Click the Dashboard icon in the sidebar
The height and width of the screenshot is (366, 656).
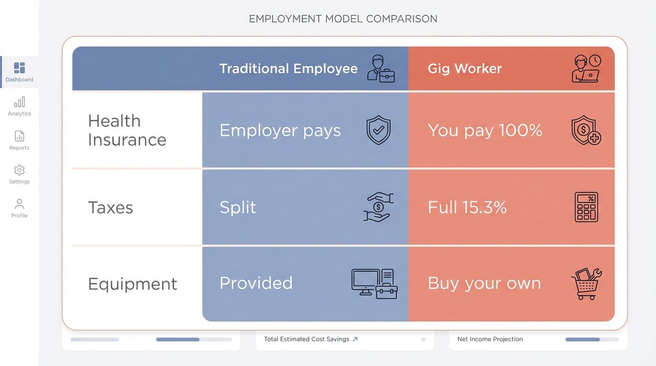(x=20, y=68)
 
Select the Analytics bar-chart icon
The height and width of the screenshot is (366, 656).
(x=20, y=102)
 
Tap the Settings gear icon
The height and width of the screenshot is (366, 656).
(x=20, y=170)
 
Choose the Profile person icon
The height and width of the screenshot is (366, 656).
(x=20, y=204)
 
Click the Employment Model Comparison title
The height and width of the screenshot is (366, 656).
(x=343, y=19)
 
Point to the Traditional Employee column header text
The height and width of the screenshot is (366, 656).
(x=288, y=69)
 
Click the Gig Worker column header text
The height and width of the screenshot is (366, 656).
(x=465, y=69)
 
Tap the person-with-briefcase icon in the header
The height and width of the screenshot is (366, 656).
(x=381, y=69)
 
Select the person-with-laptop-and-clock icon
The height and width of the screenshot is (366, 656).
(x=586, y=68)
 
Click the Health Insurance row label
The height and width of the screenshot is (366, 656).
(x=127, y=130)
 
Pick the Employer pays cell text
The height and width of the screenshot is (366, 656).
(x=280, y=131)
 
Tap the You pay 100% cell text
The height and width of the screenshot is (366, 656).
(x=485, y=131)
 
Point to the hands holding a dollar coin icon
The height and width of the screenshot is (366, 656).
(x=378, y=207)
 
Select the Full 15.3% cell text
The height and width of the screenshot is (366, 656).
(x=467, y=207)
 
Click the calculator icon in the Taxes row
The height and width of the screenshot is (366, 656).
(x=586, y=207)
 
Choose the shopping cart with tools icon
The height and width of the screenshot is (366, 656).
(x=586, y=284)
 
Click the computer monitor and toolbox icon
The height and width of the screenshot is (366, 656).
(x=374, y=284)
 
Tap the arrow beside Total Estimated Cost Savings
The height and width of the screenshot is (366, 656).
(x=355, y=339)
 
